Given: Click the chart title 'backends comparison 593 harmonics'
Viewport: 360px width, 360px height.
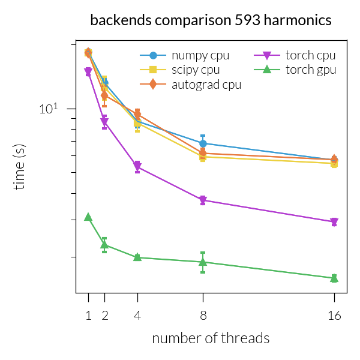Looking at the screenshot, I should [x=211, y=20].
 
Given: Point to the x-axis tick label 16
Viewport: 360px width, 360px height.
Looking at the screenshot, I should [x=334, y=315].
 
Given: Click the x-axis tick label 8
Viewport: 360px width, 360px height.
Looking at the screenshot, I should [x=203, y=315].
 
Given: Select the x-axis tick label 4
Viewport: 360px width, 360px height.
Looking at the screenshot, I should [x=137, y=315].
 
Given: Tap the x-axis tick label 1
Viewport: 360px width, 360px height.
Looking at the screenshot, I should [x=88, y=315].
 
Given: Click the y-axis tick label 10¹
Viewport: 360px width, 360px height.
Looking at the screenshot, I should [x=50, y=109].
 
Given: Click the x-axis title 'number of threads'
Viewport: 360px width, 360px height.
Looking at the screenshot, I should [x=211, y=338].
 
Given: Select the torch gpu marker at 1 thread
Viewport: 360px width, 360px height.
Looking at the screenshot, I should [x=88, y=217].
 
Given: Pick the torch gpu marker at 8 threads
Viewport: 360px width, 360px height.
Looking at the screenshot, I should [x=203, y=262].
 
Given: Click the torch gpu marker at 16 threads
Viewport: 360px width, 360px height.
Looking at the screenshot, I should [x=334, y=278].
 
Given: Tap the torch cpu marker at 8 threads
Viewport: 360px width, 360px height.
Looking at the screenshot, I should [x=203, y=200].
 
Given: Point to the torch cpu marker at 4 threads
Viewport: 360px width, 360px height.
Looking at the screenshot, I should [x=137, y=166].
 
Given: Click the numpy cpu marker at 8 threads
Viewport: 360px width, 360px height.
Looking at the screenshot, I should [x=203, y=143].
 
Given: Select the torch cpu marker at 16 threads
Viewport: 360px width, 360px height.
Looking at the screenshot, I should [x=334, y=222].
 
